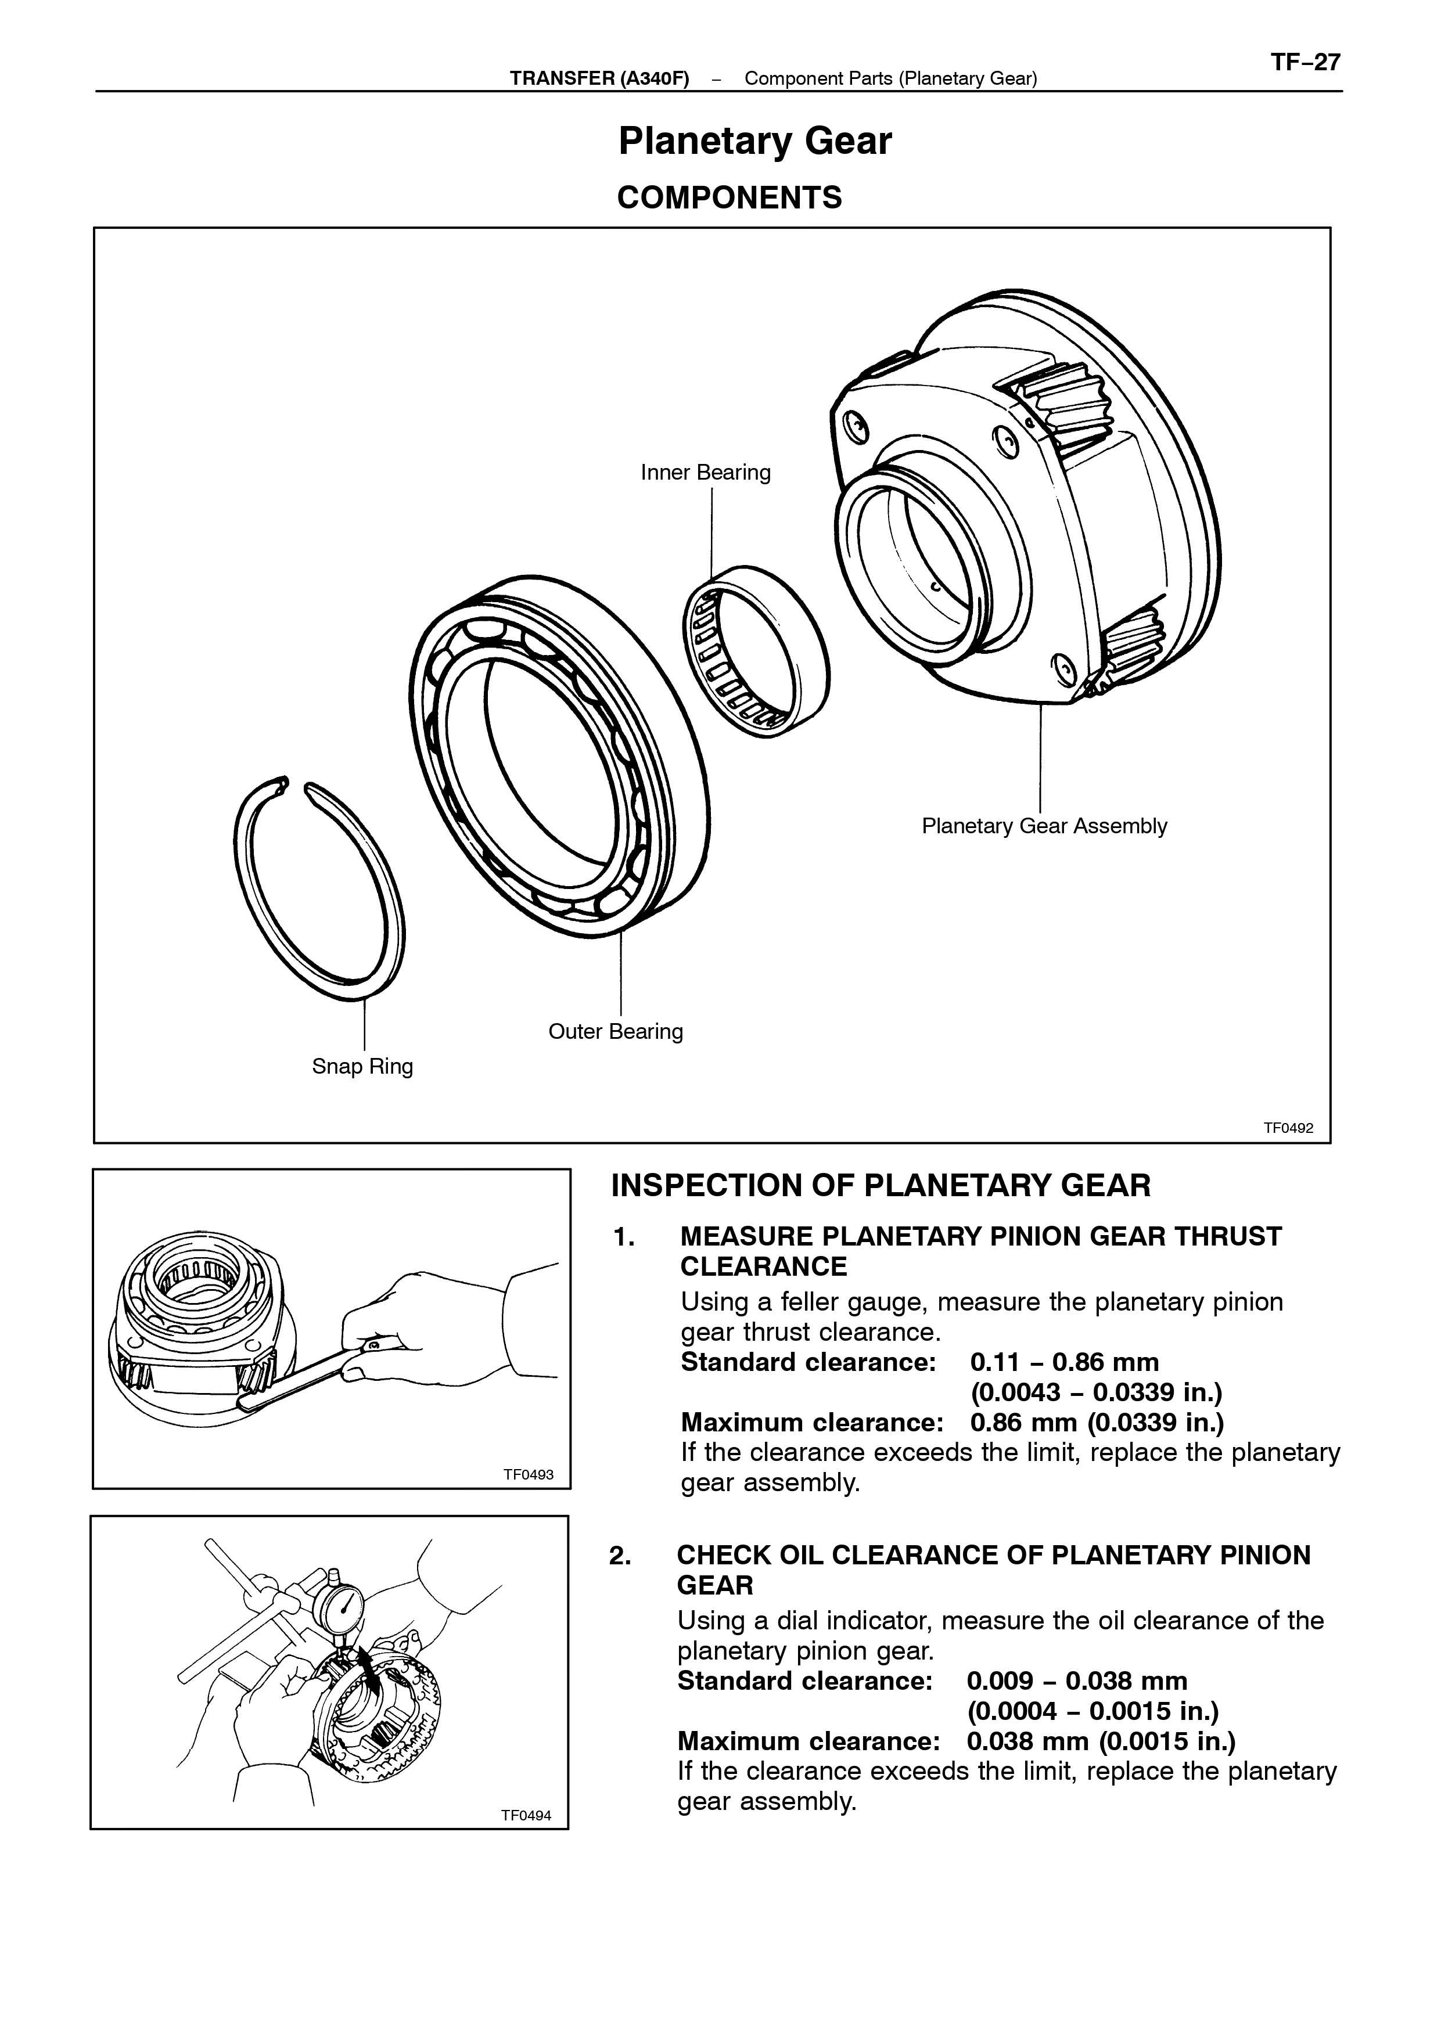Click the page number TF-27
(1305, 63)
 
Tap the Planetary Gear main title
(754, 141)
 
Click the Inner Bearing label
(706, 472)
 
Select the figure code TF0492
(1288, 1128)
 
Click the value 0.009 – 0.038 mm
(1077, 1680)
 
